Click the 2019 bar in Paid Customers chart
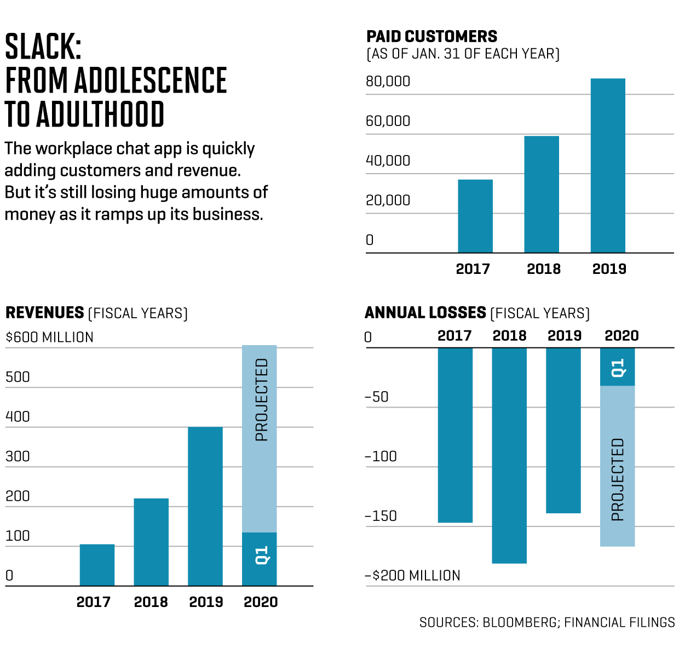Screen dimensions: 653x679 [608, 165]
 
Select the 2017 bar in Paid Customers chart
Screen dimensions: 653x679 [475, 216]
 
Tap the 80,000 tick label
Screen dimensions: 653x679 [388, 82]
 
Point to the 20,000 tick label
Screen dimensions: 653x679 [388, 201]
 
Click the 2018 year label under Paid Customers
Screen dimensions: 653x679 [544, 269]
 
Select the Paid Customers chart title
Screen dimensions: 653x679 [431, 37]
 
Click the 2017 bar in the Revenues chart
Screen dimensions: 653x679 [97, 565]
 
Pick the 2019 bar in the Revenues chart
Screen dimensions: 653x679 [205, 506]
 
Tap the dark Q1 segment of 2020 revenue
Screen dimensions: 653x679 [260, 559]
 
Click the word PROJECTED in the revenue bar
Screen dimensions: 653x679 [262, 400]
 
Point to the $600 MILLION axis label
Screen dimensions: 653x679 [49, 337]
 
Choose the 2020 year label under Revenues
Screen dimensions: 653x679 [261, 602]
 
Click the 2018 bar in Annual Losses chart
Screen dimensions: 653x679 [509, 455]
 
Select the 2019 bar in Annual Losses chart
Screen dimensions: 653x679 [563, 430]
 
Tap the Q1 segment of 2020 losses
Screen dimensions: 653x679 [618, 367]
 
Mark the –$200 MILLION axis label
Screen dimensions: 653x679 [412, 576]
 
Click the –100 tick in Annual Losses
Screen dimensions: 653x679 [381, 456]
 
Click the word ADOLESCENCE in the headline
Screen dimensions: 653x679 [151, 81]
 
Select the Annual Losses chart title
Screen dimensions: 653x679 [425, 313]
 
